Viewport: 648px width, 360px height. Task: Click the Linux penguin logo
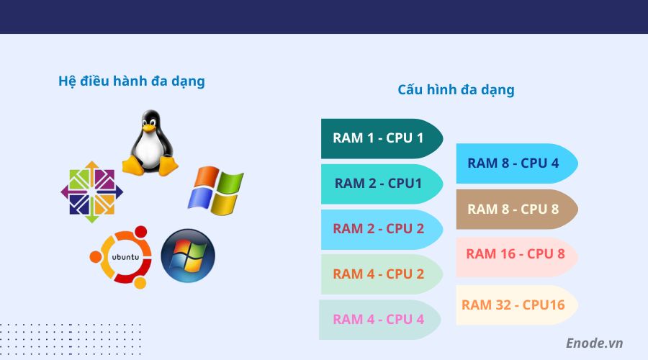150,143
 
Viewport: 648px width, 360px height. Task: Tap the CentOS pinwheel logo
91,192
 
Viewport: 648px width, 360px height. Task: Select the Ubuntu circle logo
121,257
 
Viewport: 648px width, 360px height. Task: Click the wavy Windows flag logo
216,191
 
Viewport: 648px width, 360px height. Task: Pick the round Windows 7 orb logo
188,256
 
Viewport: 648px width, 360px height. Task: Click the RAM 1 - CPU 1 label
378,138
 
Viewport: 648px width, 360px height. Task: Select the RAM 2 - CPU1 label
378,183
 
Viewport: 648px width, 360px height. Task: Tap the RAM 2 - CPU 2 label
378,229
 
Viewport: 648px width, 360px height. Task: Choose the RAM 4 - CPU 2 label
378,274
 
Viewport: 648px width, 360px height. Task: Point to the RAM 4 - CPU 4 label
378,319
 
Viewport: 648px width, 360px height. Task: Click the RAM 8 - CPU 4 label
513,163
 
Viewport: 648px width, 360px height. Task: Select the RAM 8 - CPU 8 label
513,210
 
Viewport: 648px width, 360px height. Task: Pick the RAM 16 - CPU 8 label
515,254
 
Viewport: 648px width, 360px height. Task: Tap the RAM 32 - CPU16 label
513,305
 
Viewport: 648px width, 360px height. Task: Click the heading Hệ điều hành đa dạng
132,81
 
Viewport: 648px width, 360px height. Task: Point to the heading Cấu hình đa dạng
456,90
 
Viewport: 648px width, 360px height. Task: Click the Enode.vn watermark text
594,343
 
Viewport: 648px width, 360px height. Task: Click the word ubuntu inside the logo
122,256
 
